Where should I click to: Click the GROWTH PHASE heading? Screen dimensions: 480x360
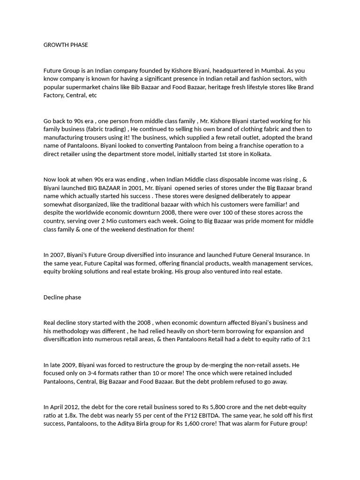[x=66, y=45]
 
